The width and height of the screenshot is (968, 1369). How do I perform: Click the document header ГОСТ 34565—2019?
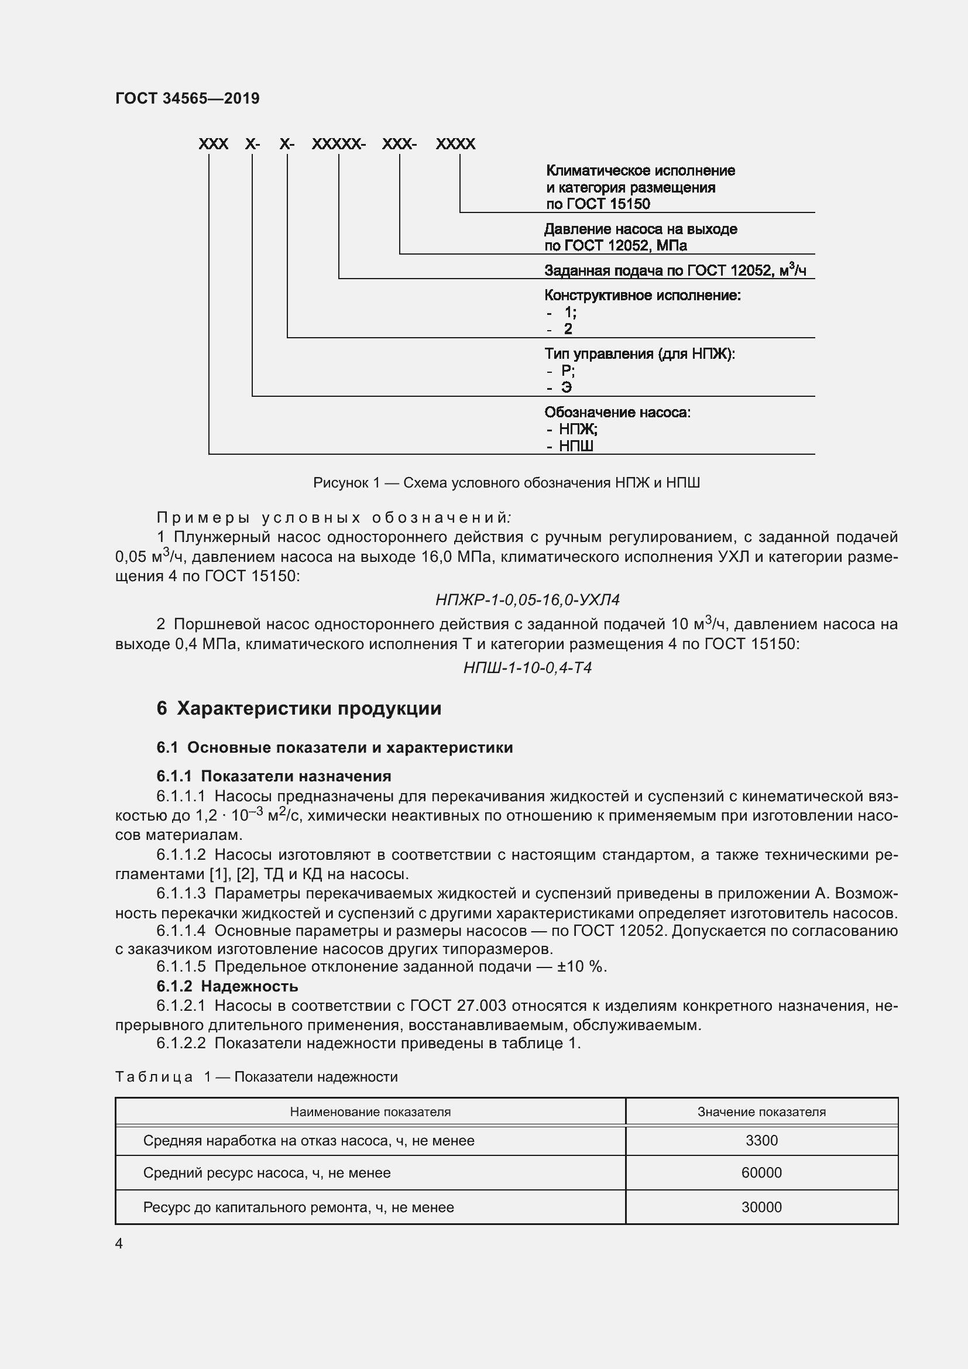(187, 98)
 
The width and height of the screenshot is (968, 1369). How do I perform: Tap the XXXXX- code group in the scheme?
(338, 144)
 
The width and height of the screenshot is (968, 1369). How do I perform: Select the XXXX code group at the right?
(455, 144)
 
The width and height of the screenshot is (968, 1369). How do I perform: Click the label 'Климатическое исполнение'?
(640, 170)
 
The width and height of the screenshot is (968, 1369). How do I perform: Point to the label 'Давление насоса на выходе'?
(640, 229)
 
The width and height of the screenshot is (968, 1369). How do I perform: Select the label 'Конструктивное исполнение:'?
(642, 295)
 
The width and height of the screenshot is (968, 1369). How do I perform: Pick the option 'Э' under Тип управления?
(567, 387)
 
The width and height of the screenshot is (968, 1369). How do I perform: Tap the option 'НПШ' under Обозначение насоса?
(576, 446)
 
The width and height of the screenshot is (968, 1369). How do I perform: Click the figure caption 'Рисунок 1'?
(506, 482)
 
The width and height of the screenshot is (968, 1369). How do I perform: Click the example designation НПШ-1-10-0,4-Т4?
(527, 667)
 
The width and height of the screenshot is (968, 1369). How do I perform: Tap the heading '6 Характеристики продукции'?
(298, 708)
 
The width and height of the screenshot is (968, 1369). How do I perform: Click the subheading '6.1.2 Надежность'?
(227, 986)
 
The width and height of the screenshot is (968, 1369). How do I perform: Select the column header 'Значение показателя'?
(761, 1112)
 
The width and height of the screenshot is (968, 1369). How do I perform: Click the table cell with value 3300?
(761, 1141)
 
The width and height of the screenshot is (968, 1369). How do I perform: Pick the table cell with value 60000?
(761, 1173)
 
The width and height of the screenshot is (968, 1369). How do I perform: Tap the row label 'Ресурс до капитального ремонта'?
(298, 1207)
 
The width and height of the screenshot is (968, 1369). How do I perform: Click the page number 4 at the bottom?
(119, 1243)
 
